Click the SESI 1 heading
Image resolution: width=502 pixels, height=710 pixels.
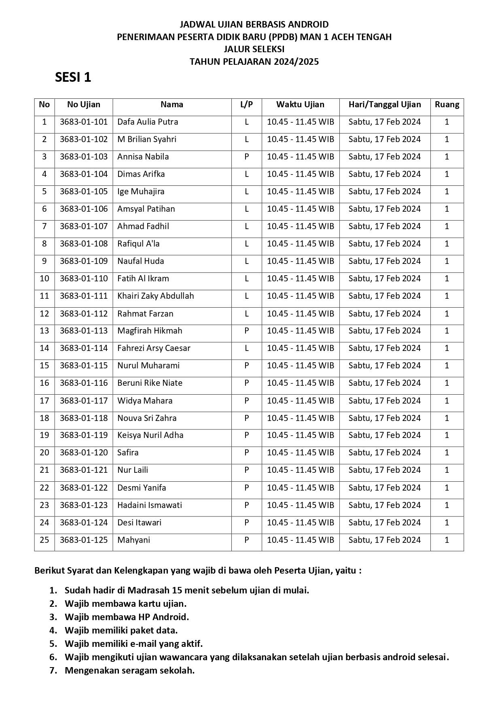(73, 77)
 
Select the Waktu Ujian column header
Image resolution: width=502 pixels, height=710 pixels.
(300, 104)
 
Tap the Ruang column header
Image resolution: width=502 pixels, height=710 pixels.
(447, 104)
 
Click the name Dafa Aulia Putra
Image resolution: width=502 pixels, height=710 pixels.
(148, 122)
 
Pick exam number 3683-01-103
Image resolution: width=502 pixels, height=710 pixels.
(84, 157)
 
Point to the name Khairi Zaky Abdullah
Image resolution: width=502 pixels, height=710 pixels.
(156, 296)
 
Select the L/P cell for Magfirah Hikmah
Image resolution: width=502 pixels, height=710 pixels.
(246, 331)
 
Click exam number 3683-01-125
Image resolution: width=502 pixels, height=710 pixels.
(84, 540)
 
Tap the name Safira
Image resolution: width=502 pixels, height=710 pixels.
(128, 453)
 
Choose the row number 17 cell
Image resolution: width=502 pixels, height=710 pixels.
(44, 401)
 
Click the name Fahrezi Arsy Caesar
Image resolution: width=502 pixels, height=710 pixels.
(154, 348)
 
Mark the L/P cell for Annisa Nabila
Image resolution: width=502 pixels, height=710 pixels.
(246, 157)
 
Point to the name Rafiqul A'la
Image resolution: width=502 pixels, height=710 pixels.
(138, 244)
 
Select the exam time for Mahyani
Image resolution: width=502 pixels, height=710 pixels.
(301, 540)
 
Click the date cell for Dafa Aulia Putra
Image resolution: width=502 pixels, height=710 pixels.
(385, 122)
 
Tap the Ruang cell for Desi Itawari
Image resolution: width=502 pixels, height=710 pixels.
(447, 523)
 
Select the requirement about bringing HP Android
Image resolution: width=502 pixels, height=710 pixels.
(127, 617)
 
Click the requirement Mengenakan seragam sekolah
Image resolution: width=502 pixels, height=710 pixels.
(130, 670)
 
